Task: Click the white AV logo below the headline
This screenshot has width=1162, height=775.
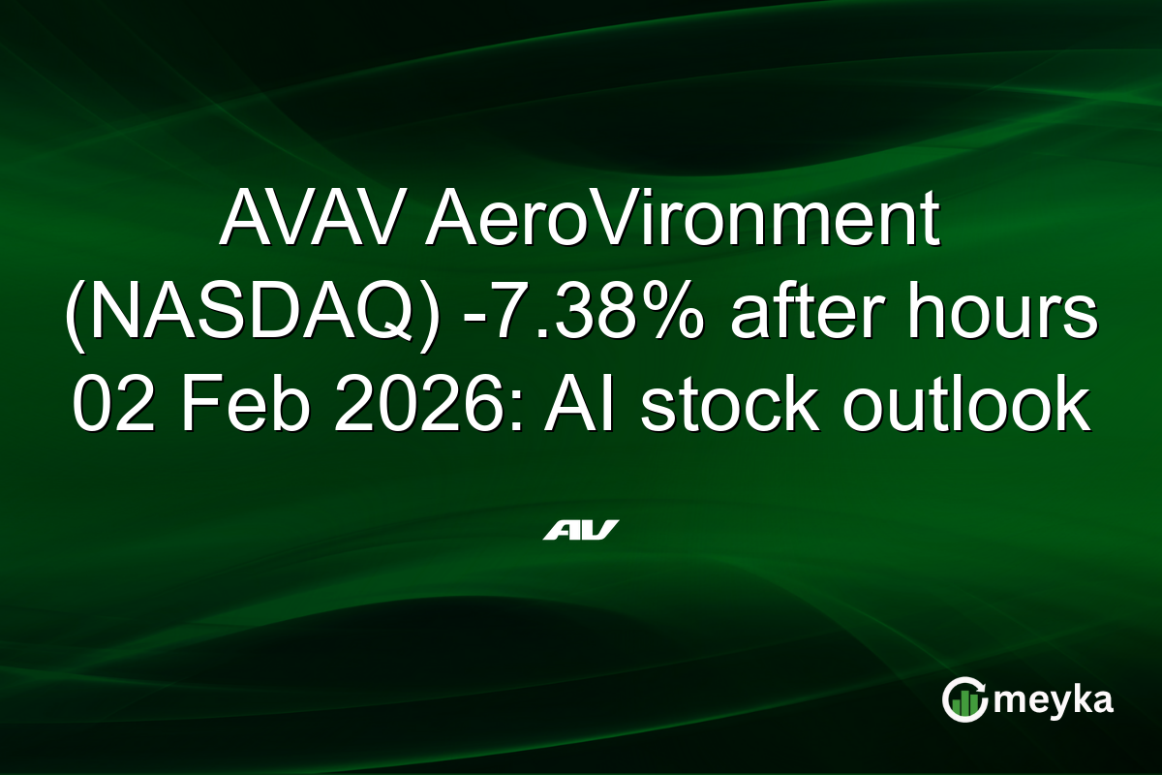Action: tap(581, 530)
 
